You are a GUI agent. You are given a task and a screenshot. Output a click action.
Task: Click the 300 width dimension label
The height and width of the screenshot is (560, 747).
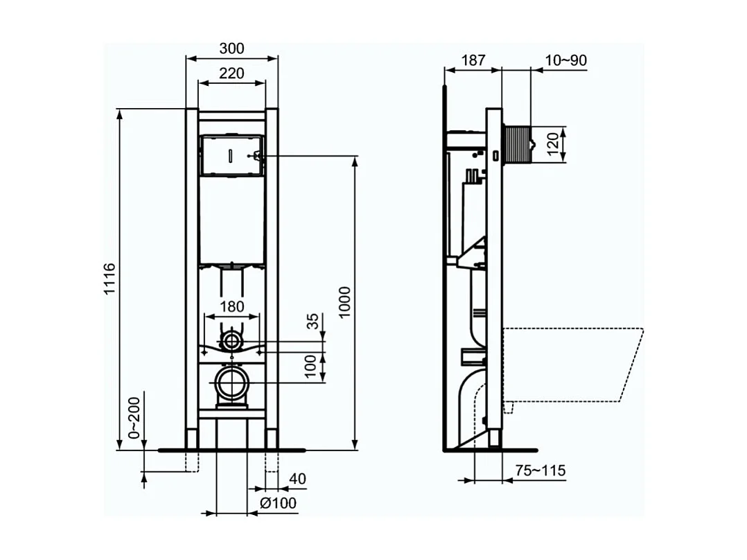pyautogui.click(x=231, y=49)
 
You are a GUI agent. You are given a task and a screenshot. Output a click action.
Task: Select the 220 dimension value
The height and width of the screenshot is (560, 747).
pyautogui.click(x=231, y=73)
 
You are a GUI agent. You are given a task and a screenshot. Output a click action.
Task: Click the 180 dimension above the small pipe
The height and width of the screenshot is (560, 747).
pyautogui.click(x=231, y=306)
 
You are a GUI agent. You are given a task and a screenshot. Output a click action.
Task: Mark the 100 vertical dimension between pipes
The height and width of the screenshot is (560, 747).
pyautogui.click(x=313, y=366)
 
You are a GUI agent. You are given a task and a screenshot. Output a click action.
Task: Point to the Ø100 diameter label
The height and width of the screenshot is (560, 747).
pyautogui.click(x=279, y=502)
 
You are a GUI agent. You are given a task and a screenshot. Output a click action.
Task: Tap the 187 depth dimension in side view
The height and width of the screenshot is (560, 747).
pyautogui.click(x=473, y=60)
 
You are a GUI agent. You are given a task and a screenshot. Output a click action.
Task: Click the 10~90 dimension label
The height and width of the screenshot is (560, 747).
pyautogui.click(x=565, y=60)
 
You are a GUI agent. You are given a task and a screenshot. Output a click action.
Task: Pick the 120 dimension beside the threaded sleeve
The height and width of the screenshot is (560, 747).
pyautogui.click(x=553, y=145)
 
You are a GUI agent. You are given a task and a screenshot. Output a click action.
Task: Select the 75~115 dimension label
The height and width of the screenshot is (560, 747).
pyautogui.click(x=541, y=471)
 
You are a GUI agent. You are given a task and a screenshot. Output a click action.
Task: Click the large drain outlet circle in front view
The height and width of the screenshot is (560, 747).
pyautogui.click(x=231, y=383)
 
